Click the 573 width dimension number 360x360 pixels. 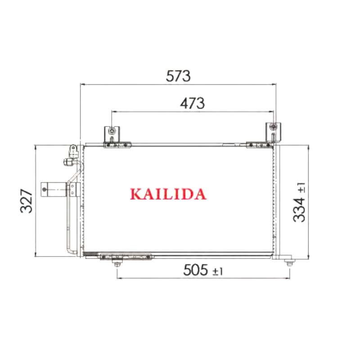tap(178, 76)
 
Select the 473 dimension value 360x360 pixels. tap(192, 103)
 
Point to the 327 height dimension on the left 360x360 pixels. tap(27, 201)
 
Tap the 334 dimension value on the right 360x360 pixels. tap(299, 210)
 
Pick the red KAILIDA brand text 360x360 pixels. tap(168, 194)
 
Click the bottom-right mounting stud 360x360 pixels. tap(289, 262)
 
